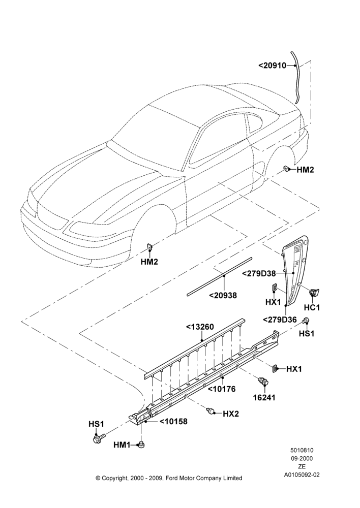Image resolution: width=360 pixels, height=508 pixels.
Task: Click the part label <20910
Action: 272,66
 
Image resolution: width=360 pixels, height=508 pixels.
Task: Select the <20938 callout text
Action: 223,296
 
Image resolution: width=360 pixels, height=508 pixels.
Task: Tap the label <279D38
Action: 259,273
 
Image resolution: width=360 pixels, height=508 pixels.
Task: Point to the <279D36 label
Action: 280,320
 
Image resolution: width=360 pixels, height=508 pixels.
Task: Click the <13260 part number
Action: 200,327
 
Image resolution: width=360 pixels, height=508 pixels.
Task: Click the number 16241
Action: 264,398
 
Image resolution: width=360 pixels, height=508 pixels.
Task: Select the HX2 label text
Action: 231,414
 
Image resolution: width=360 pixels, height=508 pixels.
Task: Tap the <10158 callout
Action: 173,422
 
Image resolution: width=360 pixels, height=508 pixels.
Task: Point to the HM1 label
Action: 122,445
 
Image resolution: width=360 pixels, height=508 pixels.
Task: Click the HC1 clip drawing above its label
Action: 314,292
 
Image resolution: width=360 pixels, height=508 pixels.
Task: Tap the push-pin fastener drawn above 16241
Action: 263,382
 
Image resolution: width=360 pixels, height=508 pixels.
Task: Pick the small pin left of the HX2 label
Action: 211,411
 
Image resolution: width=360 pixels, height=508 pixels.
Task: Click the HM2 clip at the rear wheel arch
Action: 287,169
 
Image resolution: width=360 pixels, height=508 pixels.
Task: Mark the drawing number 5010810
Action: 302,450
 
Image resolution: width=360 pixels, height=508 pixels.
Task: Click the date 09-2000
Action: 302,458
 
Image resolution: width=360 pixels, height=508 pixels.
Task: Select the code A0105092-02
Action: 302,474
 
